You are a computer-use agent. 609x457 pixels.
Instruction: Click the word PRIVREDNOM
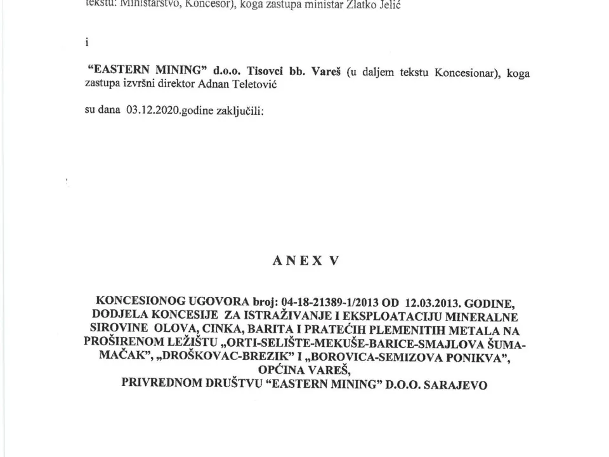(160, 383)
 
